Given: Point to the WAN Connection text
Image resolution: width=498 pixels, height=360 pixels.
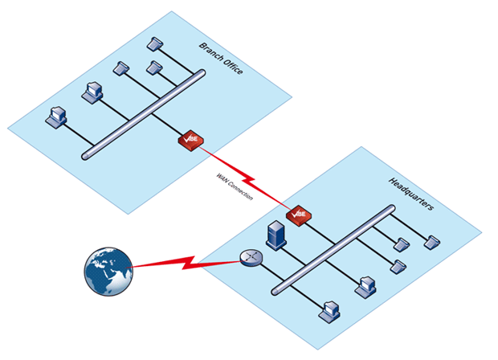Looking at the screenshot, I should tap(235, 186).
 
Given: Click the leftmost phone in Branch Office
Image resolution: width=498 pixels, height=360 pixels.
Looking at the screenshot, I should tap(121, 67).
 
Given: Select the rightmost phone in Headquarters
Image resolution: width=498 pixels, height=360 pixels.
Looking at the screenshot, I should tap(434, 240).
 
